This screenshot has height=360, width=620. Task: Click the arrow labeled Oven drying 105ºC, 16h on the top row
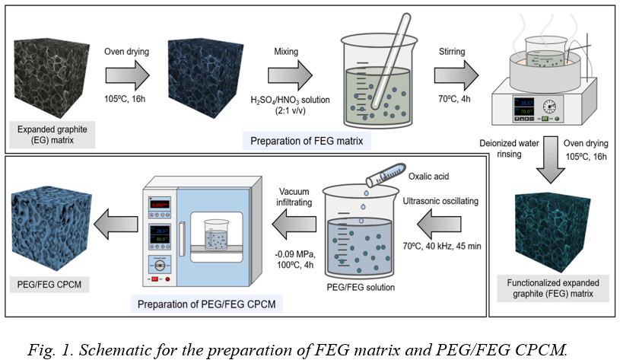tap(127, 75)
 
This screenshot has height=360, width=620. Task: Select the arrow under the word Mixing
tap(290, 75)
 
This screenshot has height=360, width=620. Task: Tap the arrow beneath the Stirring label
tap(456, 75)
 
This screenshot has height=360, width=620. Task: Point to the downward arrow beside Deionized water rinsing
tap(550, 160)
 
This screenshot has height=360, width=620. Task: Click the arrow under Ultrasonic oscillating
tap(439, 225)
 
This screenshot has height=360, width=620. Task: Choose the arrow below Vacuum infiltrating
tap(294, 225)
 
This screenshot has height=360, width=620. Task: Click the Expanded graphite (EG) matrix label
tap(52, 135)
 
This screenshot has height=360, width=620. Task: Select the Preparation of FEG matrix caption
tap(307, 142)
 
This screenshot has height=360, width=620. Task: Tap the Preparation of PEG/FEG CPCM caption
tap(206, 304)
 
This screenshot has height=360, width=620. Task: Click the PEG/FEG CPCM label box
tap(49, 285)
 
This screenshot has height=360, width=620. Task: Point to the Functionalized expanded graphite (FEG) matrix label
tap(553, 288)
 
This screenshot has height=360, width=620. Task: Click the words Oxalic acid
tap(428, 177)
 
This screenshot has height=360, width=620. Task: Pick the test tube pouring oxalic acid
tap(386, 174)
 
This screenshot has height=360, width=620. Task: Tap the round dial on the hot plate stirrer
tap(549, 107)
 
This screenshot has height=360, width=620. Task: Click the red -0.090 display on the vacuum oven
tap(159, 205)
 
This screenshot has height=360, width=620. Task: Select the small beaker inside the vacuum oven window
tap(216, 234)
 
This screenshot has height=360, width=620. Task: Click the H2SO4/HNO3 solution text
tap(291, 100)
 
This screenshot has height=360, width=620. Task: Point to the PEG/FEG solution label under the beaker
tap(361, 288)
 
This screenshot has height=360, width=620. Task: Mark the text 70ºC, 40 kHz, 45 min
tap(442, 246)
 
